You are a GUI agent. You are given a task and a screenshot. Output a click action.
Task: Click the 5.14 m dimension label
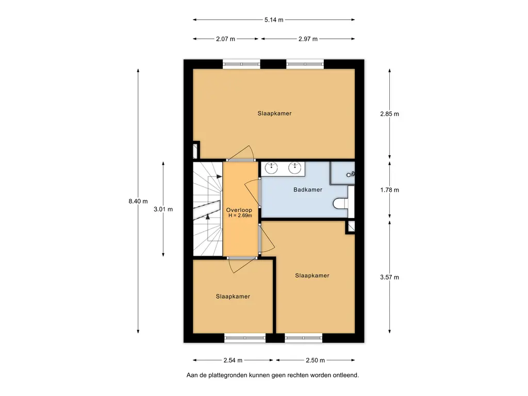click(x=274, y=20)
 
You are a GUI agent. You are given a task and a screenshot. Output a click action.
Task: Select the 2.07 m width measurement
click(x=226, y=39)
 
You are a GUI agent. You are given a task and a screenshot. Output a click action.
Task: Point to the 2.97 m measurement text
click(x=308, y=39)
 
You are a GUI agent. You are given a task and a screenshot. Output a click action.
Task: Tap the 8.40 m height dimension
click(x=138, y=202)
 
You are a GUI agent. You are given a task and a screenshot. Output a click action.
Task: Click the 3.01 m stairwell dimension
click(x=163, y=209)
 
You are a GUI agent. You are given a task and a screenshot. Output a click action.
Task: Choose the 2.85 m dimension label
click(x=390, y=114)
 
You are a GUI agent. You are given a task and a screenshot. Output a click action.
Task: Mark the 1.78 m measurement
click(x=390, y=190)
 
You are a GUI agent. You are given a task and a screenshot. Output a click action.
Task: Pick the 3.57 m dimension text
click(x=390, y=277)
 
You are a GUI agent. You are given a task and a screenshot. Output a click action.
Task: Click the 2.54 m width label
click(x=233, y=360)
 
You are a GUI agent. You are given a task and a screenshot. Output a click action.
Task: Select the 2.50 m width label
click(x=315, y=360)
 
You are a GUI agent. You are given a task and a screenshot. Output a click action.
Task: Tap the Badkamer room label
click(x=308, y=190)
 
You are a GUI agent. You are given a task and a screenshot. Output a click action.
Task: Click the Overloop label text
click(x=239, y=210)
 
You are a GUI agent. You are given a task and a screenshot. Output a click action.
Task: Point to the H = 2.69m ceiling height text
click(x=240, y=216)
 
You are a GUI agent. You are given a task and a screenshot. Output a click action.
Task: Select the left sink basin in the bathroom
click(x=271, y=168)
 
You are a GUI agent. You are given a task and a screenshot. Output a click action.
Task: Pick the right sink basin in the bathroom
click(x=294, y=168)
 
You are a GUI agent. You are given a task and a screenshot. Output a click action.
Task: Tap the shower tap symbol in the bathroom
click(x=351, y=174)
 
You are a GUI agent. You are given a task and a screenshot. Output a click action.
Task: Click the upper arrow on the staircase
click(x=219, y=176)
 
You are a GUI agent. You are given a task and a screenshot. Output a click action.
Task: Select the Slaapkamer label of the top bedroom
click(x=274, y=113)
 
